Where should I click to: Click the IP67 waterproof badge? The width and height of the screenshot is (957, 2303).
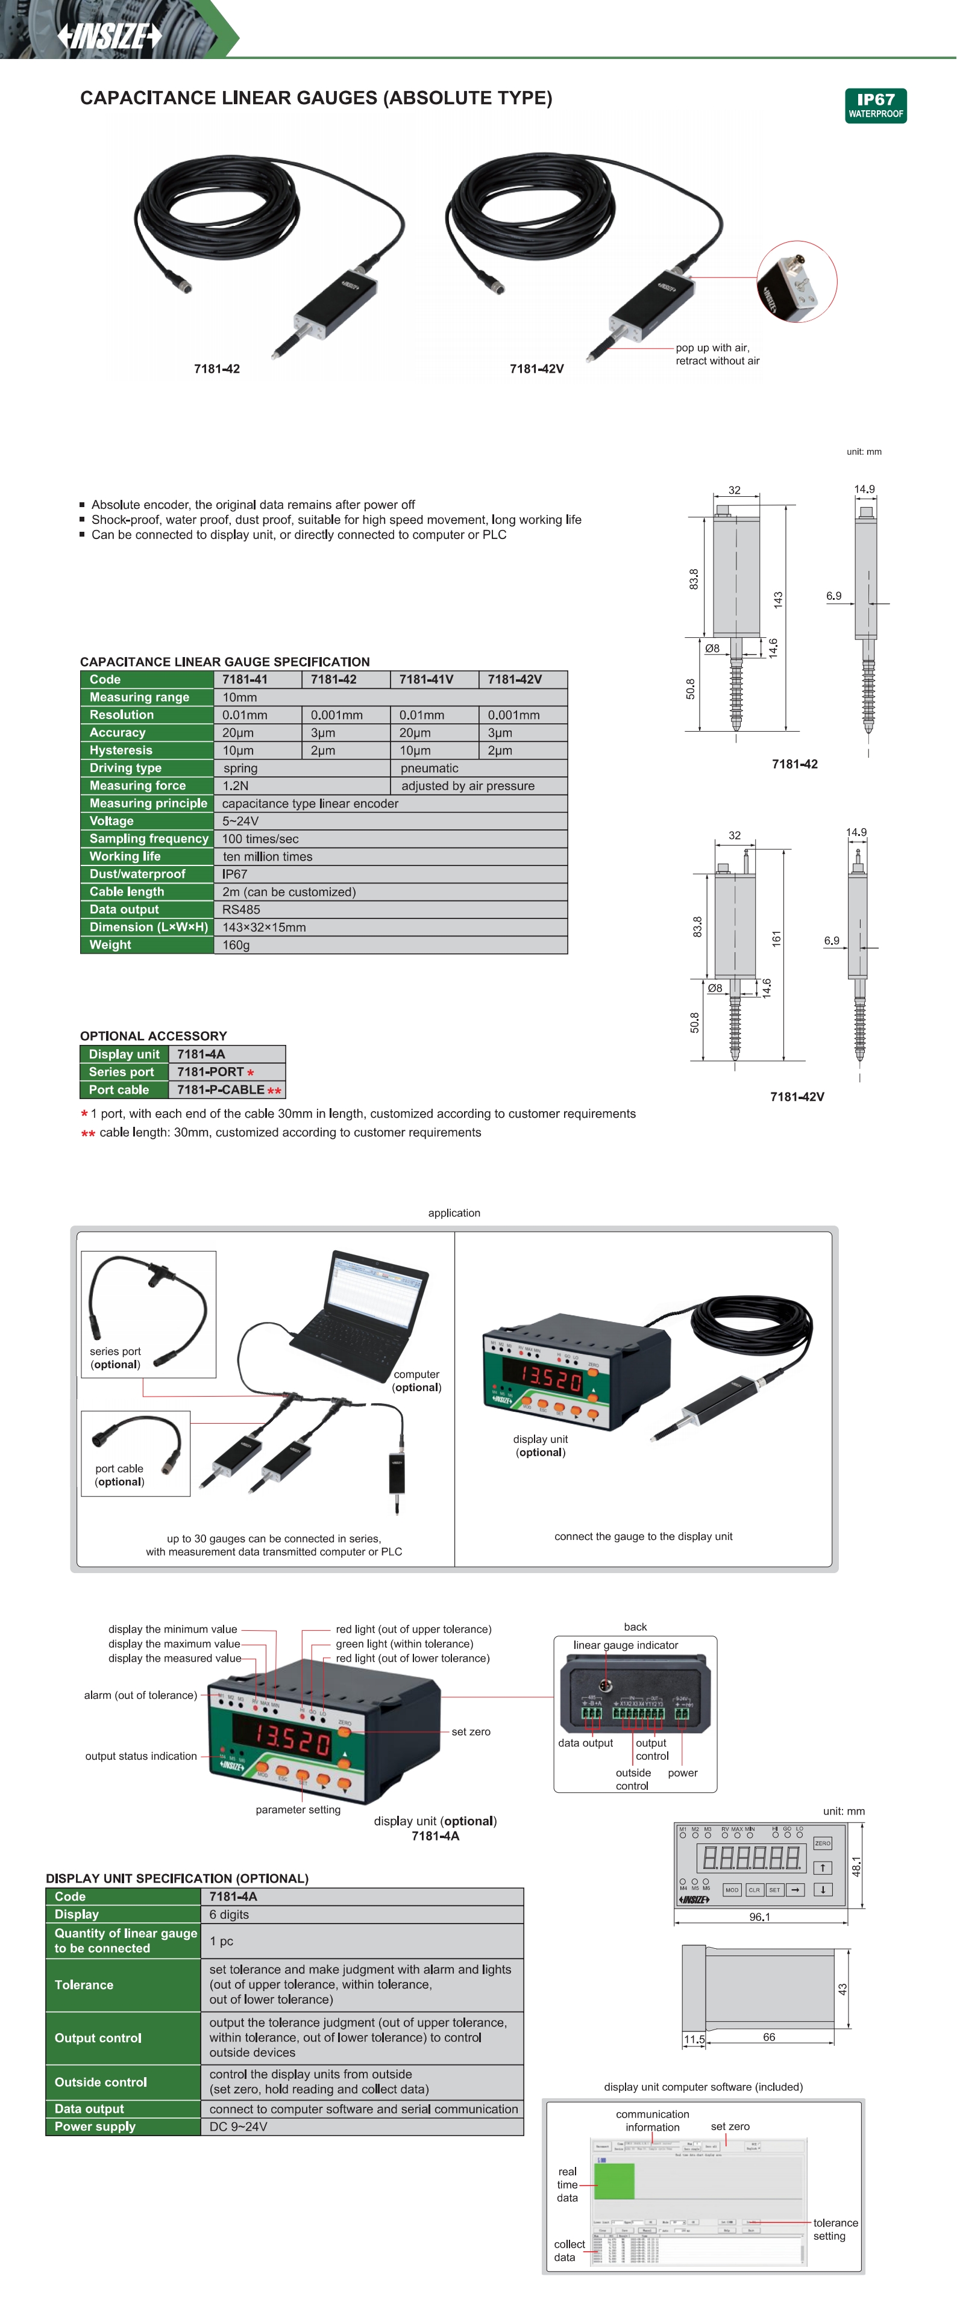[x=876, y=105]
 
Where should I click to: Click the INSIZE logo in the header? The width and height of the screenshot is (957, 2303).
[x=109, y=36]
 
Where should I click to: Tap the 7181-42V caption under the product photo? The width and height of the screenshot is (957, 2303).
[x=536, y=369]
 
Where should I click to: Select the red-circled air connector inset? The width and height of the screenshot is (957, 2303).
[x=796, y=282]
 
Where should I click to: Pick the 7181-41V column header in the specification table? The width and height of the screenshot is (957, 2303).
[x=425, y=679]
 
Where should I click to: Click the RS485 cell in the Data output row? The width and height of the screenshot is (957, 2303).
[x=242, y=909]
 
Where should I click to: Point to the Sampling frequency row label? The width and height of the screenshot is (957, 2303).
[x=148, y=838]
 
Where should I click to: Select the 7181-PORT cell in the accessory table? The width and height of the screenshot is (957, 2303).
[x=211, y=1072]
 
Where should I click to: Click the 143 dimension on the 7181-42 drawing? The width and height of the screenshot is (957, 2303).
[x=778, y=599]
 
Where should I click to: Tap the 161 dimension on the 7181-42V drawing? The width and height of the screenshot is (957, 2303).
[x=776, y=939]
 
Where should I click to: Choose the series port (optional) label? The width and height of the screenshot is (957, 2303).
[x=115, y=1357]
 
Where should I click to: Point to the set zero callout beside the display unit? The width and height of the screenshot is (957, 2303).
[x=471, y=1731]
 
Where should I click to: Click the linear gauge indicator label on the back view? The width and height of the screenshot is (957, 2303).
[x=625, y=1645]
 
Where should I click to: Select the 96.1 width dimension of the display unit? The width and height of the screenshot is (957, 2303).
[x=759, y=1917]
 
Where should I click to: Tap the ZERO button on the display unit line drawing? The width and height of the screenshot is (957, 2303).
[x=822, y=1843]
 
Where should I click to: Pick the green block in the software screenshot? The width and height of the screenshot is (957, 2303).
[x=613, y=2181]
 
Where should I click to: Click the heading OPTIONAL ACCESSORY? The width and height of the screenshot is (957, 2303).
[x=153, y=1036]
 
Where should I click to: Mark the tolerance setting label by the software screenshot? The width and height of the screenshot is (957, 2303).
[x=835, y=2229]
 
